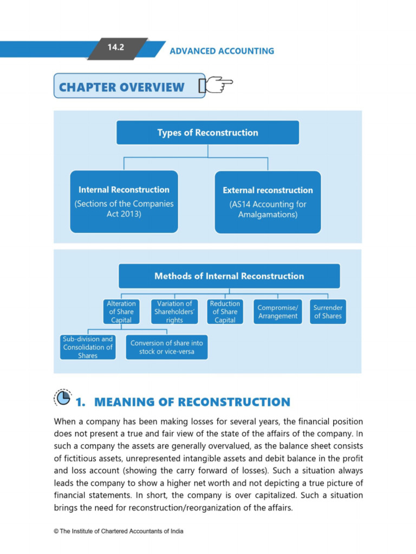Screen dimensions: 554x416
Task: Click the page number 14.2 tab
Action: tap(116, 48)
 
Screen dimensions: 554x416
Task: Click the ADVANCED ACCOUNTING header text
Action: tap(222, 51)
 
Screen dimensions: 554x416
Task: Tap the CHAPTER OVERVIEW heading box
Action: tap(129, 87)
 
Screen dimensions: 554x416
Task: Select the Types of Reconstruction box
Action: tap(207, 133)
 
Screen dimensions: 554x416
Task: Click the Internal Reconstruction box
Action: tap(124, 201)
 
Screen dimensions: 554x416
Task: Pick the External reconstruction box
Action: tap(268, 202)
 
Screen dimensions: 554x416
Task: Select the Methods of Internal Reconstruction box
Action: tap(229, 276)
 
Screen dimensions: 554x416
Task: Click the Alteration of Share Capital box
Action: tap(120, 312)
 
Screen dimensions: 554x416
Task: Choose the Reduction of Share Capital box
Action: tap(225, 312)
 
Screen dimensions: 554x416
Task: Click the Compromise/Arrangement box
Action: tap(278, 312)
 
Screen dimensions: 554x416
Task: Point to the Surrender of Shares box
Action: tap(328, 312)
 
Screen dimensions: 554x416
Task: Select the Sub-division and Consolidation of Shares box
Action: tap(88, 347)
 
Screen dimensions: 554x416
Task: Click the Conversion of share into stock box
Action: tap(166, 347)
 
